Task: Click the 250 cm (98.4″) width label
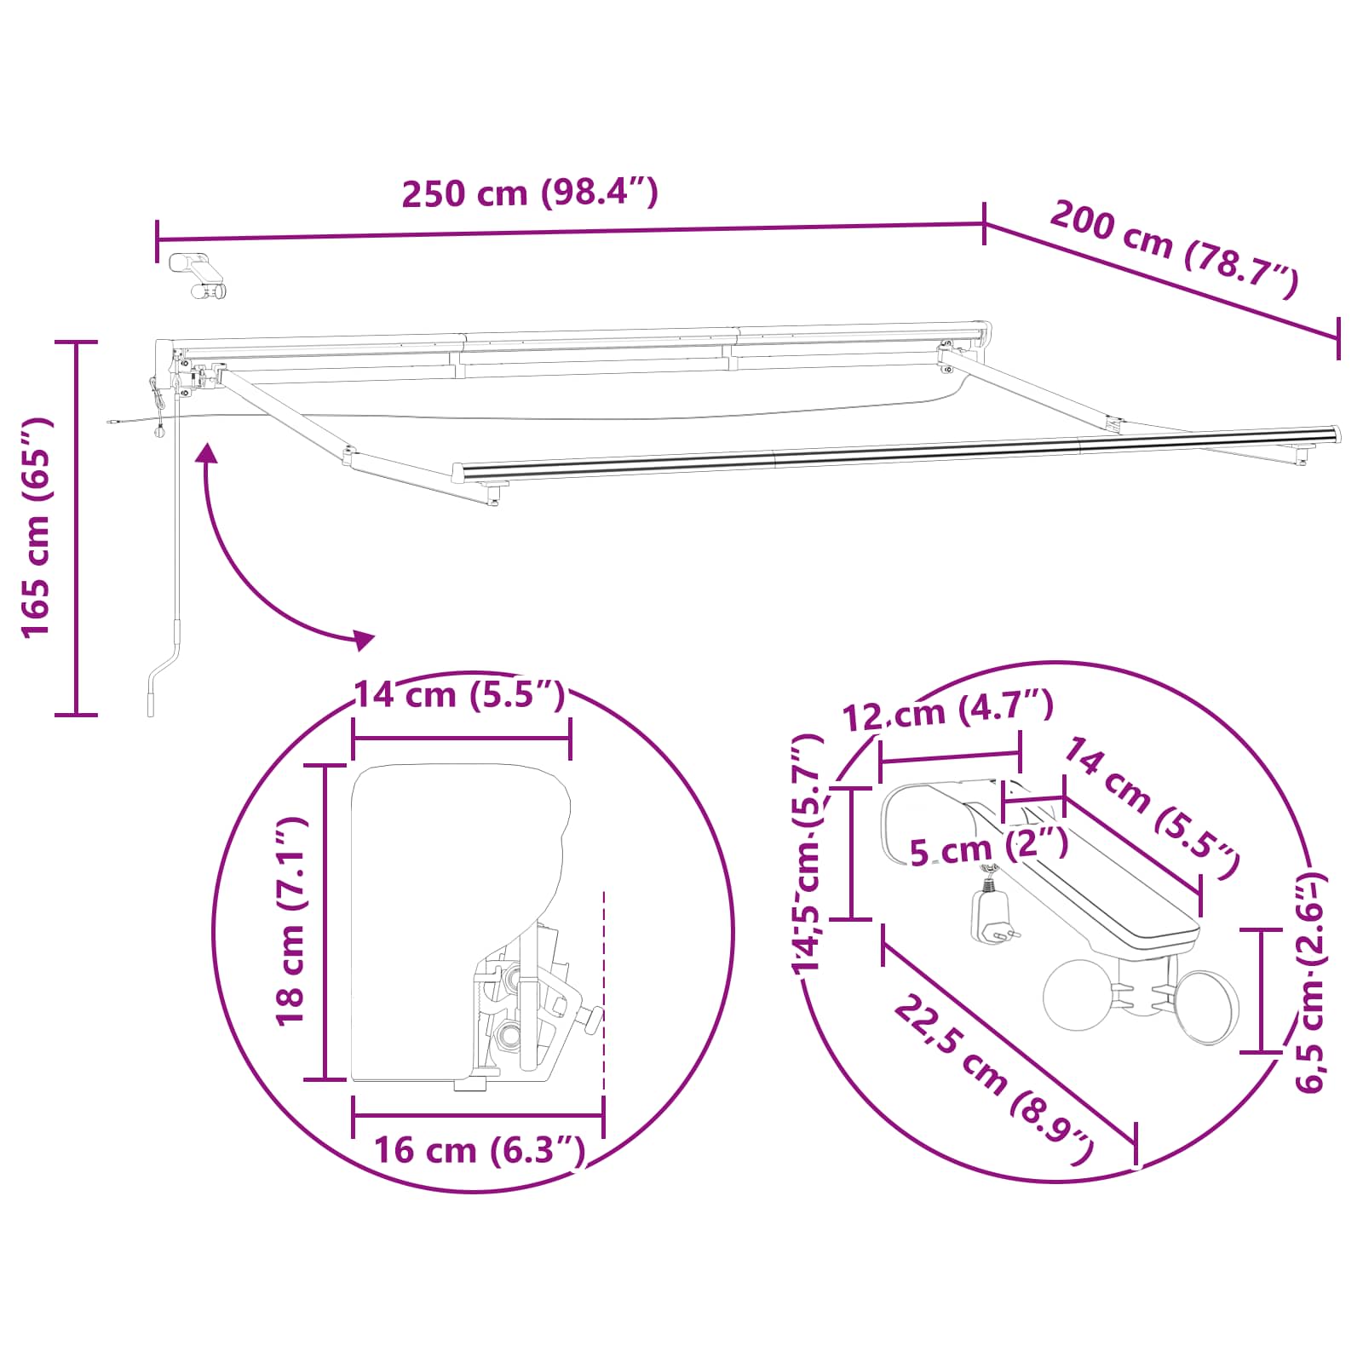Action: tap(529, 193)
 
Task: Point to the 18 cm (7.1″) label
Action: tap(290, 921)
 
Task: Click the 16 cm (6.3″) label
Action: tap(480, 1151)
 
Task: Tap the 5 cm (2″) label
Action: tap(988, 848)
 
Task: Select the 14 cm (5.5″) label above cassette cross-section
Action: tap(459, 695)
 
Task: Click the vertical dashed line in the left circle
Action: tap(603, 988)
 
